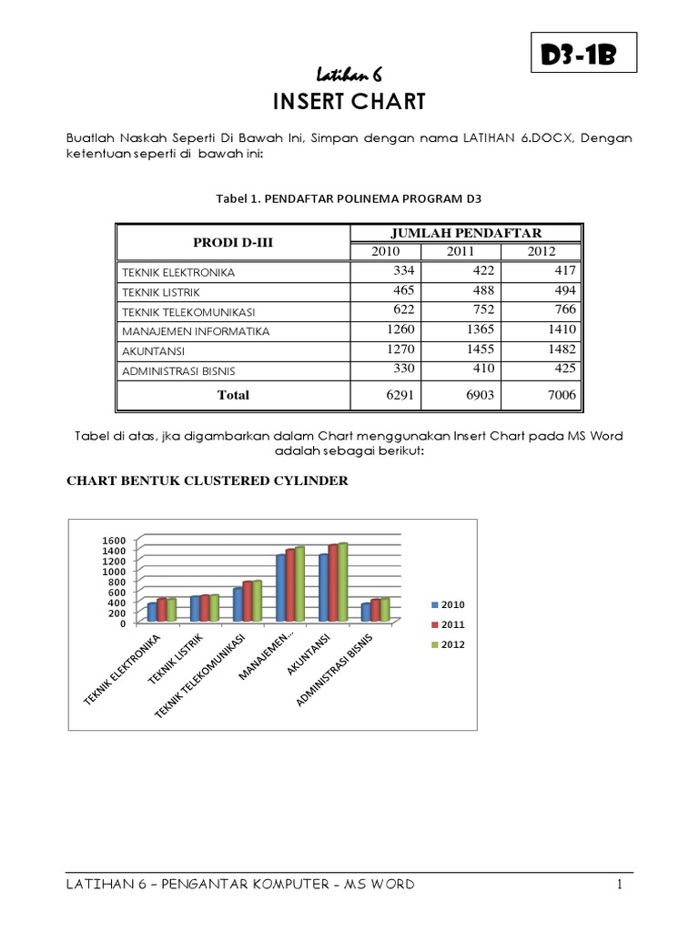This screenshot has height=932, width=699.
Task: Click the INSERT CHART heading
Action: click(349, 101)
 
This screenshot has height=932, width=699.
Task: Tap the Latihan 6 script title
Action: click(349, 74)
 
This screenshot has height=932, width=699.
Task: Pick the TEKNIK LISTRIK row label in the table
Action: click(159, 292)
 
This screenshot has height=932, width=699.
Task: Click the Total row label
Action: click(233, 395)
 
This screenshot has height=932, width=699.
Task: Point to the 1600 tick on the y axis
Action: click(113, 541)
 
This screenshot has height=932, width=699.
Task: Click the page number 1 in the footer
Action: click(618, 884)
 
